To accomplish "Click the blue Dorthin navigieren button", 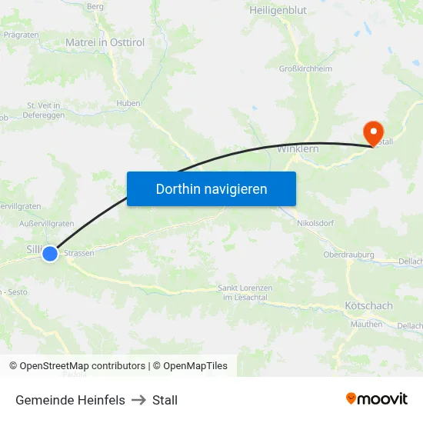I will [211, 188].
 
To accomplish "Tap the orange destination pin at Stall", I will [373, 132].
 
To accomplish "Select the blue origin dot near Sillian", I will [50, 253].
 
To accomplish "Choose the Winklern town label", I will [298, 148].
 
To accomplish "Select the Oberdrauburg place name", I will [348, 255].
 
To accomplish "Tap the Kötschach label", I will [368, 306].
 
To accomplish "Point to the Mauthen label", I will [366, 325].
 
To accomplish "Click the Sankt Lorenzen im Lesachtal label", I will [245, 292].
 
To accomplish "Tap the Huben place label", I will [128, 103].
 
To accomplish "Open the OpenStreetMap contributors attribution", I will [77, 366].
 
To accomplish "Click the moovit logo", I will [377, 398].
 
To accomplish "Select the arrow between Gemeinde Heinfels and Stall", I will [138, 400].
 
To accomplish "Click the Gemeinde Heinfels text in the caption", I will [70, 400].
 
